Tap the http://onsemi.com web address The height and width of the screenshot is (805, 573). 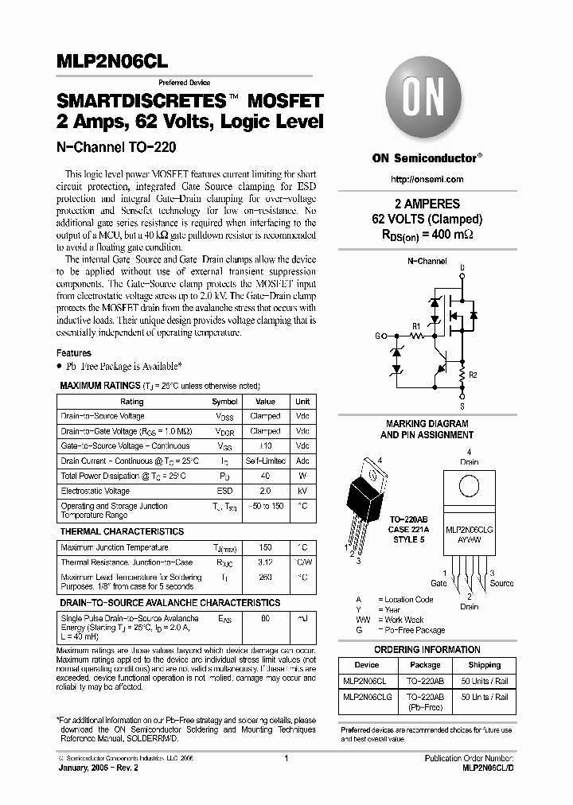[x=427, y=179]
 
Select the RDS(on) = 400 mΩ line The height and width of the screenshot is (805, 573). [x=427, y=234]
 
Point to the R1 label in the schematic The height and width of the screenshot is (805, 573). [x=415, y=325]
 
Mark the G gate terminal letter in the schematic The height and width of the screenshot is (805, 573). [x=378, y=336]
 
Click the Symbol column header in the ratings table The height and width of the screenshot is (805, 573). [x=224, y=402]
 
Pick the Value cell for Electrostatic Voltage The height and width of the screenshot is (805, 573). [x=265, y=491]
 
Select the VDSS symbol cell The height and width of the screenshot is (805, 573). [x=224, y=416]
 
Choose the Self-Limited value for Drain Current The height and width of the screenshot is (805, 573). [x=265, y=461]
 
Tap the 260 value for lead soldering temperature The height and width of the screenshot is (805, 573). [x=265, y=577]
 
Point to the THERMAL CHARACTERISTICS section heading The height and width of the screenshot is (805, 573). [x=122, y=531]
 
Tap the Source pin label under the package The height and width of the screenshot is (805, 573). [x=501, y=583]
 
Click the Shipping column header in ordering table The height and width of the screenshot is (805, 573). [x=484, y=665]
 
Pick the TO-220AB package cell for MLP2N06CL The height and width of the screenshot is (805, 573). [x=425, y=681]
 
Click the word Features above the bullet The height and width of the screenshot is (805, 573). [x=74, y=352]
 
